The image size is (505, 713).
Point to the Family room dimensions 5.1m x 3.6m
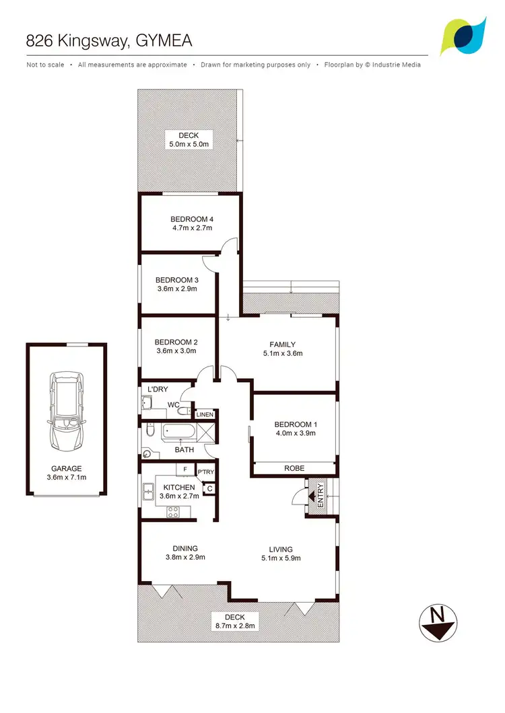(283, 353)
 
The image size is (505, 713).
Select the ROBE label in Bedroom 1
(294, 468)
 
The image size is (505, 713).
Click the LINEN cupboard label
(205, 415)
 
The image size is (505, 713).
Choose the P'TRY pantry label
(205, 472)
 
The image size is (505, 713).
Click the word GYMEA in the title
(164, 40)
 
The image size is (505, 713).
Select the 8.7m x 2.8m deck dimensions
(235, 626)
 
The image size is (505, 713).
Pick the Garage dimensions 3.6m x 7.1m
(67, 478)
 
